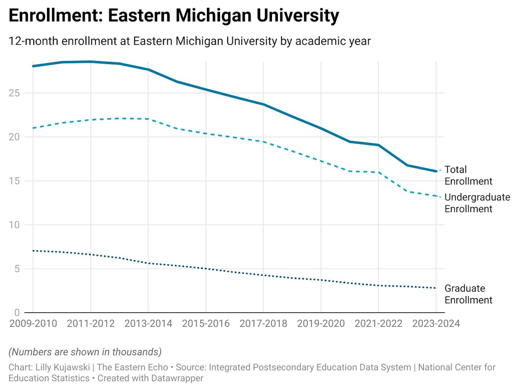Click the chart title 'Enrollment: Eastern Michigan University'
174,16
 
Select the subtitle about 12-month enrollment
189,41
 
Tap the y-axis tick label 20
14,137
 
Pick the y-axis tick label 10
14,225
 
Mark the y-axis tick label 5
17,269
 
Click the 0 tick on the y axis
17,313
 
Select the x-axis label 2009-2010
33,324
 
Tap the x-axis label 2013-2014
148,324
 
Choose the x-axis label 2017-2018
263,324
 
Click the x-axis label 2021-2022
379,324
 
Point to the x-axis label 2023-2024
436,324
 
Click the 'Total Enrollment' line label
468,175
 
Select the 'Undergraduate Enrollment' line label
477,203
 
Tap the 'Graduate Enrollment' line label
468,294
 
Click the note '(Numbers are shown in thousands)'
85,352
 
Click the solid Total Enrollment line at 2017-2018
263,104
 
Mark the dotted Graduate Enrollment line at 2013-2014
148,263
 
